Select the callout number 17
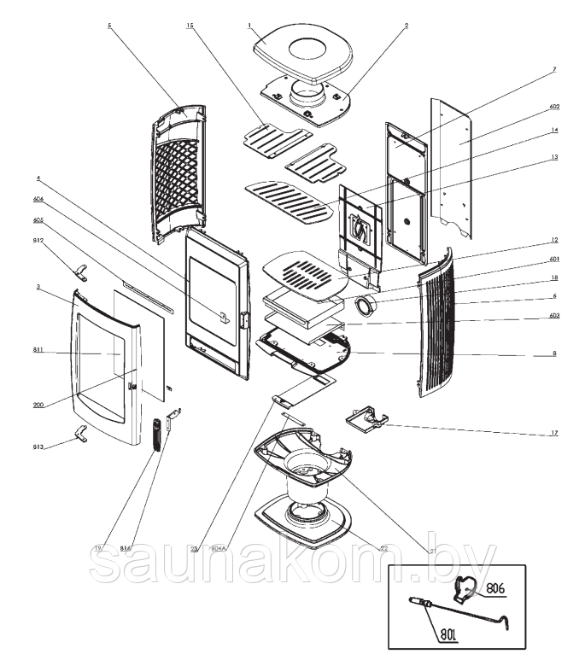coord(554,434)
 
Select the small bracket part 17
coord(367,418)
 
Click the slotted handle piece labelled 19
coord(155,434)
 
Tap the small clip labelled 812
coord(82,272)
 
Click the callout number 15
coord(189,26)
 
